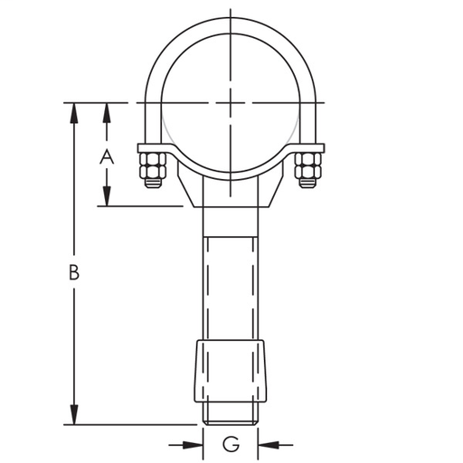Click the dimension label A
pyautogui.click(x=107, y=156)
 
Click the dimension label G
pyautogui.click(x=231, y=444)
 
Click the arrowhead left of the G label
pyautogui.click(x=192, y=444)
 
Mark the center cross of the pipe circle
pyautogui.click(x=231, y=102)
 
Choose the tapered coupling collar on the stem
pyautogui.click(x=231, y=369)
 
